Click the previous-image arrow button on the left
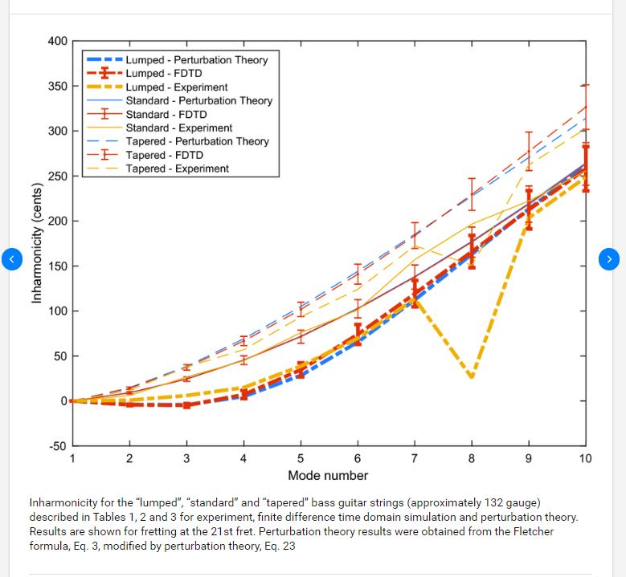point(11,258)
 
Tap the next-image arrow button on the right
point(610,258)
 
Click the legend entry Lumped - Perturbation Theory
point(196,60)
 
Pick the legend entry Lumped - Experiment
point(176,87)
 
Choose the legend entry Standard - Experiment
point(178,128)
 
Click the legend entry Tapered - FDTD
point(164,155)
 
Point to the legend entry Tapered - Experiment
point(177,169)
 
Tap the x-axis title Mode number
point(328,475)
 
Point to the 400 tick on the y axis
point(58,41)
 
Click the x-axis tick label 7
point(415,459)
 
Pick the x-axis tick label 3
point(186,459)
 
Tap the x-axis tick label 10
point(585,459)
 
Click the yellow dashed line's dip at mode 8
point(472,376)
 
